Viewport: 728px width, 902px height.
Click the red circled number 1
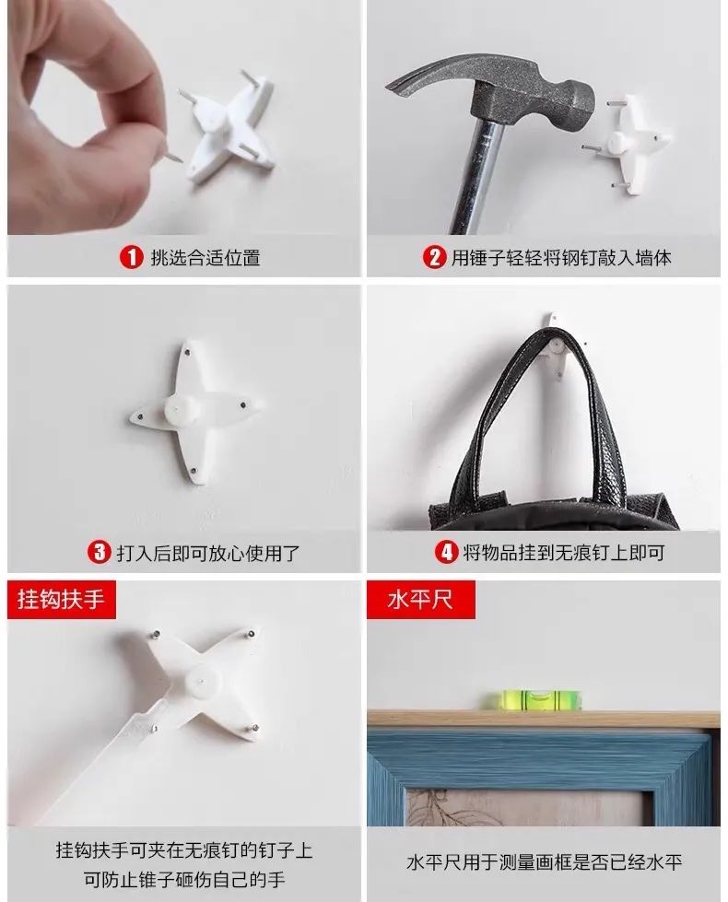tap(133, 257)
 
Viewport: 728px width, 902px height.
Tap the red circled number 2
tap(433, 257)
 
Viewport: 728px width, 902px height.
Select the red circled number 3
tap(99, 553)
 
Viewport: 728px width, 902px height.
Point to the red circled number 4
tap(446, 553)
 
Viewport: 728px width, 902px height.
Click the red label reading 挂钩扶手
tap(62, 600)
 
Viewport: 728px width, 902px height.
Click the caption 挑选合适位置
tap(205, 258)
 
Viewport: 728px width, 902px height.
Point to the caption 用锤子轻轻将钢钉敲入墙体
tap(560, 258)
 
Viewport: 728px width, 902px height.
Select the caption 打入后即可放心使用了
tap(207, 553)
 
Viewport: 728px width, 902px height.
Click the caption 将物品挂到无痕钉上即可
tap(563, 553)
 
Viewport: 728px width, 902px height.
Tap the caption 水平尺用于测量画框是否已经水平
tap(544, 862)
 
